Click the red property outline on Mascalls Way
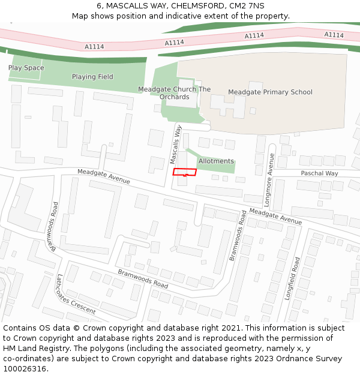185,172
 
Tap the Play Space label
26,68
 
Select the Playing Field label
92,77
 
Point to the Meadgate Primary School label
270,92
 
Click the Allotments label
216,161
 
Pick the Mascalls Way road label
175,145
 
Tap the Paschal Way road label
319,173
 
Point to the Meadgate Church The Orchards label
175,93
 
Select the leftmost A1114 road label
94,46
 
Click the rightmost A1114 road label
334,35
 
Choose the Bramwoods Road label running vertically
238,235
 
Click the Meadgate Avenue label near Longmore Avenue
275,217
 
